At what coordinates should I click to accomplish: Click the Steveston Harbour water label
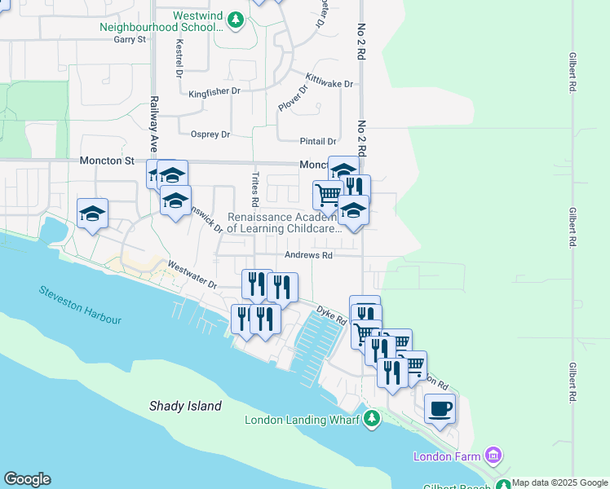point(79,306)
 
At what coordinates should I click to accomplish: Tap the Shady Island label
point(185,406)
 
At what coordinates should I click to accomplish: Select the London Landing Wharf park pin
point(372,419)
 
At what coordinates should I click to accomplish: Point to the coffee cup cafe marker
point(440,408)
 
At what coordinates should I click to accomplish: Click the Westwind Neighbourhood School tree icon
point(236,19)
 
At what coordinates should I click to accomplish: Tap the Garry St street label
point(130,39)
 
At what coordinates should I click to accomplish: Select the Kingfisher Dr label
point(214,93)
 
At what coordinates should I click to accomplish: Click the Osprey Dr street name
point(210,134)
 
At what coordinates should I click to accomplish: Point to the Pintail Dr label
point(320,142)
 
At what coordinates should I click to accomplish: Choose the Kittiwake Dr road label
point(329,82)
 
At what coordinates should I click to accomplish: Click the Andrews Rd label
point(308,255)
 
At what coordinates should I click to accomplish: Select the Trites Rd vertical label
point(255,188)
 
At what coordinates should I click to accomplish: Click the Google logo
point(27,479)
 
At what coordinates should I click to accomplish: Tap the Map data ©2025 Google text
point(560,482)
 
